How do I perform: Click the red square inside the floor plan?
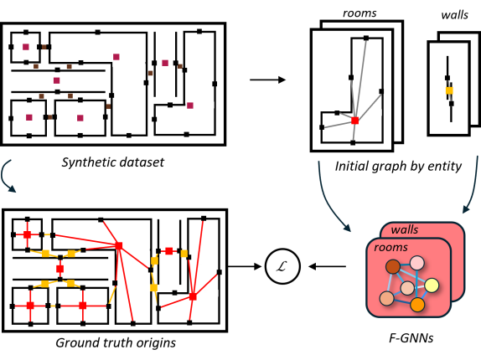pos(354,121)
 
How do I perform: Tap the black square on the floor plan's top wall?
pos(365,38)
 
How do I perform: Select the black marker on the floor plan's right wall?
pos(381,91)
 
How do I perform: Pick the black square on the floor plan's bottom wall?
pos(353,143)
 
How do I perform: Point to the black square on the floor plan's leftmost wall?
pos(322,127)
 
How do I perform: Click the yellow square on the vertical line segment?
pos(449,90)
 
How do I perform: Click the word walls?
pos(405,230)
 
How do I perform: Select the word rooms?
pos(390,248)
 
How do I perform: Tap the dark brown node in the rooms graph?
pos(393,266)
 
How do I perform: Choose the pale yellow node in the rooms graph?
pos(432,285)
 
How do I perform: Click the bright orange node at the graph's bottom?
pos(417,304)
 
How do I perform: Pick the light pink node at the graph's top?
pos(416,263)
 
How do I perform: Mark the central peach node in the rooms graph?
pos(407,288)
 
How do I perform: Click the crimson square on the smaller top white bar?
pos(190,105)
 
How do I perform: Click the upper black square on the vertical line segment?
pos(447,78)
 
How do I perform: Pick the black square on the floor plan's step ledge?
pos(337,112)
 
